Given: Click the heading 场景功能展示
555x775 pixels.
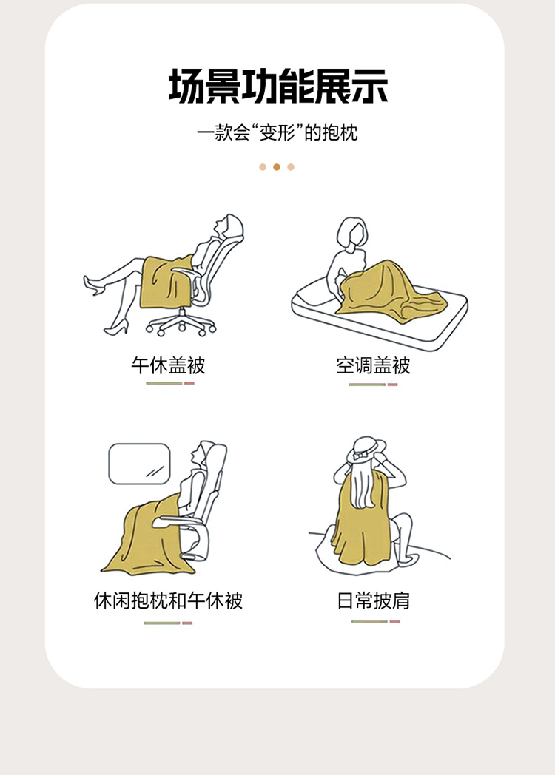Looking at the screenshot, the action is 278,86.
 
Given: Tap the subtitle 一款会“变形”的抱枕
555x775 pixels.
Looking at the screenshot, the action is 277,132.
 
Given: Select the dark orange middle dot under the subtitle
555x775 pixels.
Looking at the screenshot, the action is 277,167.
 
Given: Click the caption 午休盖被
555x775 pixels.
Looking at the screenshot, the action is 168,365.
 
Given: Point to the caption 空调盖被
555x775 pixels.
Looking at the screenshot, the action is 373,365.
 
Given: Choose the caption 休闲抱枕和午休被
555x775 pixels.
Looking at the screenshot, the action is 168,600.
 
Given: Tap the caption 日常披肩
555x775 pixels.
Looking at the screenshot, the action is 373,600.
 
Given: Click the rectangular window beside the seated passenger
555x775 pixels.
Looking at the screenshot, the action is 140,464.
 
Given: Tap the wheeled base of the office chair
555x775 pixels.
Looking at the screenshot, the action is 181,323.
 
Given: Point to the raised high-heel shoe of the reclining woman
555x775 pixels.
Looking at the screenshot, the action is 92,285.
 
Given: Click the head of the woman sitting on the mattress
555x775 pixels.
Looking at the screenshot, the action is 352,232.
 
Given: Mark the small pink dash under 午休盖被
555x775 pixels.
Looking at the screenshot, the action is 189,383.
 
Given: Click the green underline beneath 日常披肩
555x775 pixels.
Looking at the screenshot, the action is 369,621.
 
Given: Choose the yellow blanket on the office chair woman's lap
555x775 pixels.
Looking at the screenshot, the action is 166,282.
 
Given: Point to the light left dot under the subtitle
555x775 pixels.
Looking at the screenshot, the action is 263,167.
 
